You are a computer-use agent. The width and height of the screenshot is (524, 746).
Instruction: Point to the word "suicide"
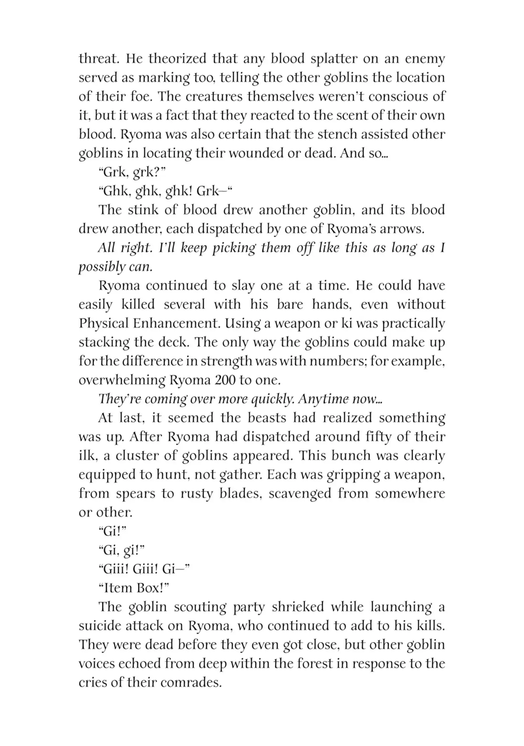[98, 626]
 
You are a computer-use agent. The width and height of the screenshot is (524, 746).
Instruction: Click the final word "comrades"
[187, 682]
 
